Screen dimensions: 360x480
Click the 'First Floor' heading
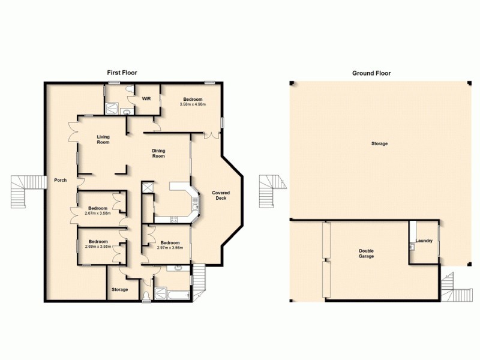[x=122, y=73]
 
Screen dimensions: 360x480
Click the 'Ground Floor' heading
[x=371, y=73]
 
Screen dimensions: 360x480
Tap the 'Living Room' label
[x=103, y=140]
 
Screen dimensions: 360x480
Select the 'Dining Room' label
[x=158, y=154]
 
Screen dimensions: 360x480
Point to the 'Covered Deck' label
[x=221, y=196]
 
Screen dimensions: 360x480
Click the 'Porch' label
[x=60, y=180]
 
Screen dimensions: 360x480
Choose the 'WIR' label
[x=145, y=99]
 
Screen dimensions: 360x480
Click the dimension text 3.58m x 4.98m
[x=193, y=104]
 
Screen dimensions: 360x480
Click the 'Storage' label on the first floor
[x=119, y=290]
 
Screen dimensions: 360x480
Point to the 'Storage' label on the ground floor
[x=379, y=144]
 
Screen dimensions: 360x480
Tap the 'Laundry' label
[x=424, y=241]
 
